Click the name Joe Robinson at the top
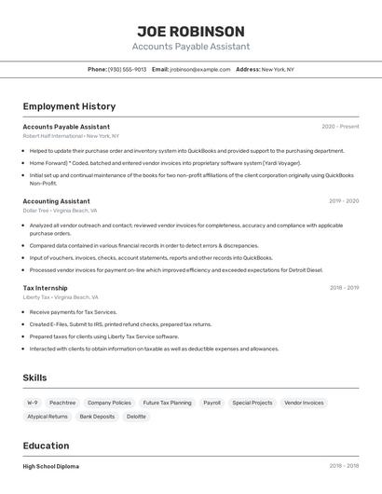[191, 32]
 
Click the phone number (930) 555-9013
[127, 69]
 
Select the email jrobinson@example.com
[199, 69]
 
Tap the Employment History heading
[69, 106]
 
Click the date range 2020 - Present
[340, 127]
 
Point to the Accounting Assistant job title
[56, 201]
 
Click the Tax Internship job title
[45, 288]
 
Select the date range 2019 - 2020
[344, 201]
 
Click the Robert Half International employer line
[71, 135]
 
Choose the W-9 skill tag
[33, 403]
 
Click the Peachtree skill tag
[62, 403]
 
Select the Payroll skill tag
[211, 403]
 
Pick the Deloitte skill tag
[136, 417]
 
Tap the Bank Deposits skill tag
[97, 417]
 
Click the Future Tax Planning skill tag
[167, 403]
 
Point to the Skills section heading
[34, 377]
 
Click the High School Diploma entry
[51, 466]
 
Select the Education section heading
[46, 446]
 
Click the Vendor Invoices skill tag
[304, 403]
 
